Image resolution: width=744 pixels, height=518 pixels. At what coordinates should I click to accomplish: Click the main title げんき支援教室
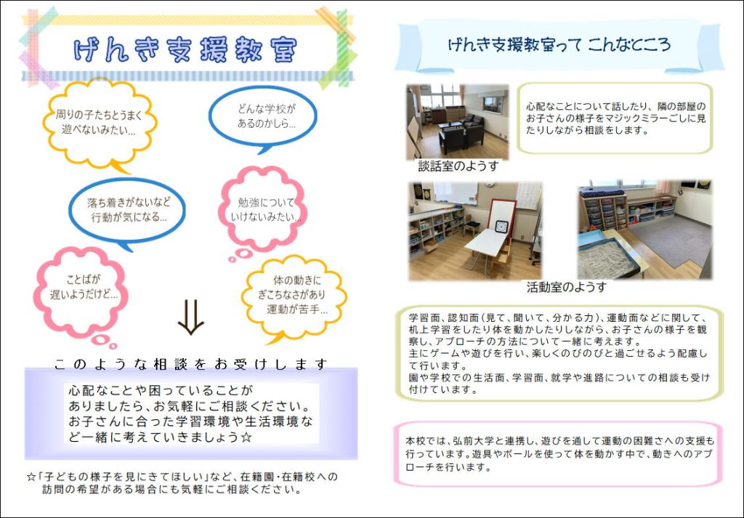[x=185, y=50]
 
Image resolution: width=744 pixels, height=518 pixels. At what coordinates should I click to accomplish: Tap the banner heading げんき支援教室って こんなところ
[x=559, y=44]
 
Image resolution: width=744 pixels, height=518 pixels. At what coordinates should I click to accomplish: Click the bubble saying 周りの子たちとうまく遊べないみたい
[x=99, y=122]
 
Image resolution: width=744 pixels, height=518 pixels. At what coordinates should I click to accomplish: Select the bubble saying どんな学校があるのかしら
[x=263, y=117]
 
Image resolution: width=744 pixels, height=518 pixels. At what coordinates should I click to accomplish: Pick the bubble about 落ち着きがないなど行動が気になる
[x=127, y=211]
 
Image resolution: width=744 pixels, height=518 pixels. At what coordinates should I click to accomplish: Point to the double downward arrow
[x=191, y=317]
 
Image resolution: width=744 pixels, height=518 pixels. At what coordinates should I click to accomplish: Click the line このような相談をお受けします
[x=191, y=364]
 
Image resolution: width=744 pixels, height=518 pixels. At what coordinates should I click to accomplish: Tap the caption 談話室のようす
[x=458, y=166]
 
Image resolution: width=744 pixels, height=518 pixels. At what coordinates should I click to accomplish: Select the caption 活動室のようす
[x=567, y=287]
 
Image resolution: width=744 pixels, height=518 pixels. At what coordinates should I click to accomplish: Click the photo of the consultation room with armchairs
[x=458, y=122]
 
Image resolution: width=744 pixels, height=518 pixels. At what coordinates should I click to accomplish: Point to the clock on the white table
[x=501, y=226]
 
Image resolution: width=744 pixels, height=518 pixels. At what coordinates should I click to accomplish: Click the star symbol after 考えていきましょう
[x=246, y=437]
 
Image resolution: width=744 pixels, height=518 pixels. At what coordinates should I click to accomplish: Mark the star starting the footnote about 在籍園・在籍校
[x=31, y=477]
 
